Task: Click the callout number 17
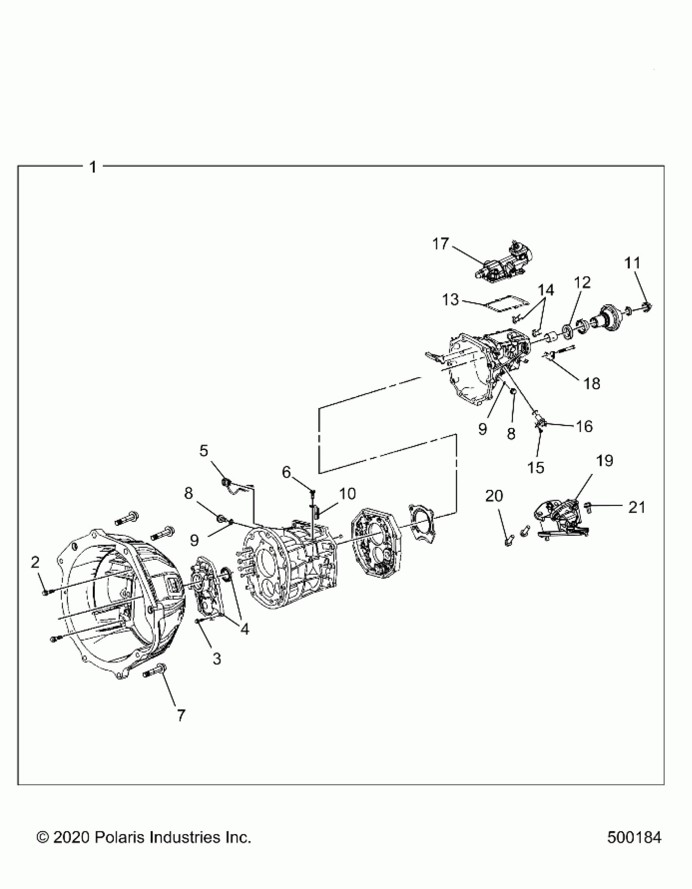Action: (441, 244)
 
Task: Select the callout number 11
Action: (632, 263)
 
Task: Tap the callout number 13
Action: (451, 300)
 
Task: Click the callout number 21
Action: (637, 507)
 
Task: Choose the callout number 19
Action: (604, 461)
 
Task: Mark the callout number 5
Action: (204, 451)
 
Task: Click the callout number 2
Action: (35, 563)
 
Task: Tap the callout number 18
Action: (592, 383)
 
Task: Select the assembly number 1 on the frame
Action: (93, 167)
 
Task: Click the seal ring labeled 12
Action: (567, 329)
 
